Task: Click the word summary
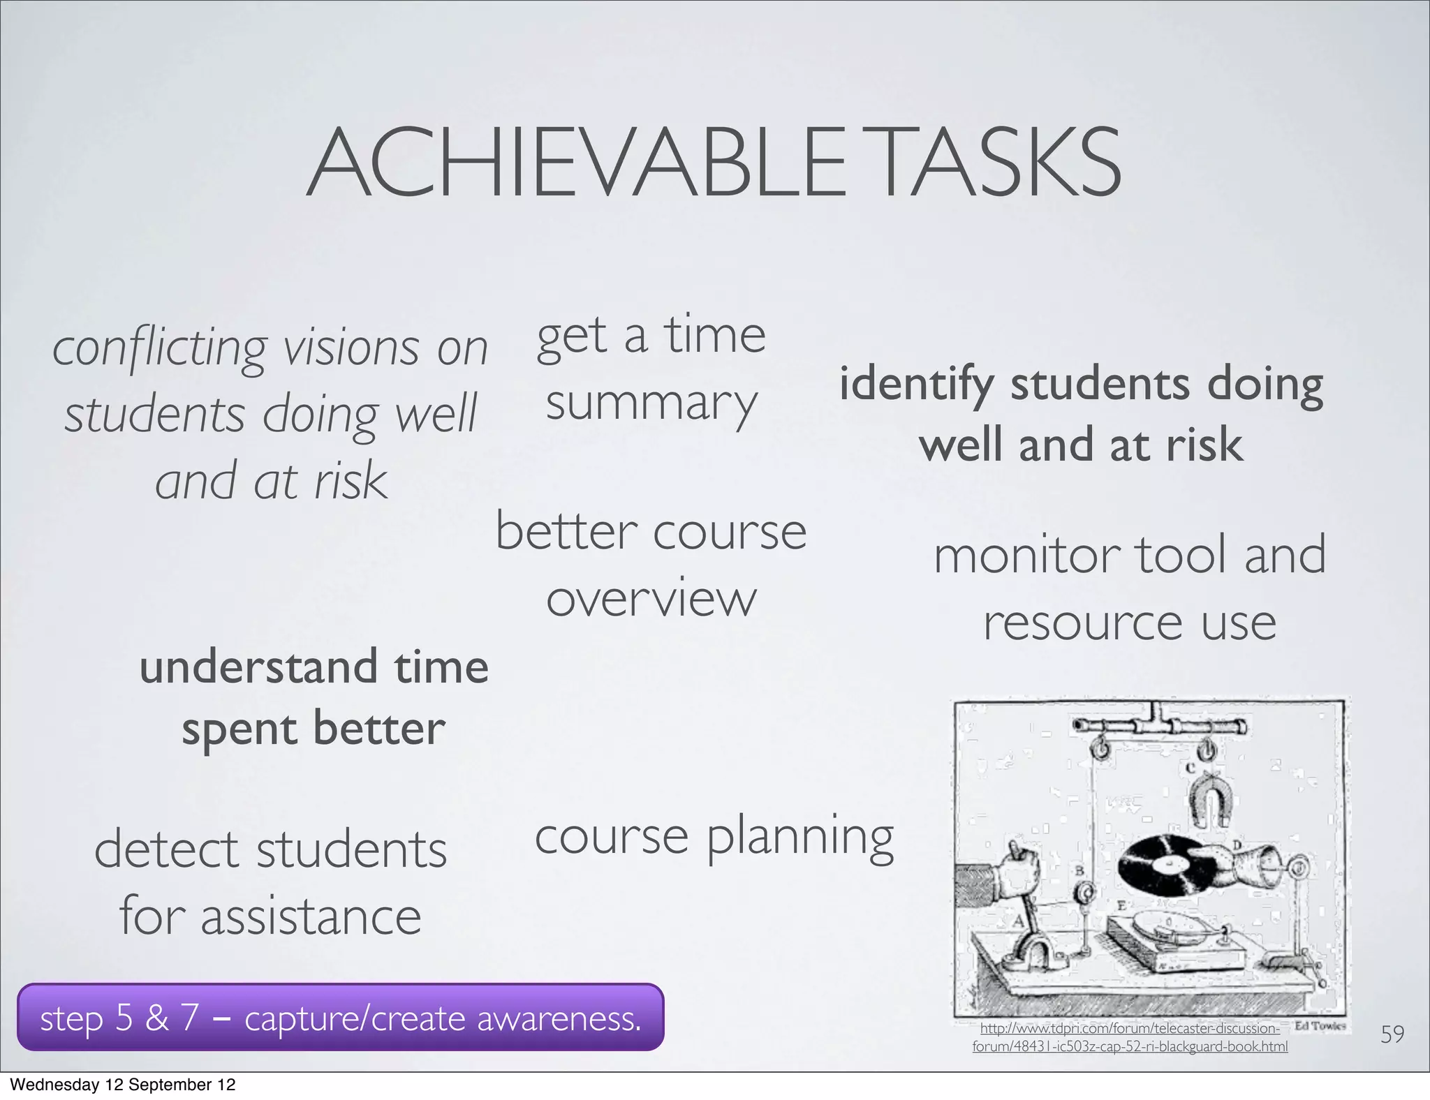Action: pyautogui.click(x=651, y=405)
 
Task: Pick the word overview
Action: pyautogui.click(x=651, y=599)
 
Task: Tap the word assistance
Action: pyautogui.click(x=311, y=917)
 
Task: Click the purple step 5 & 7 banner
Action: pyautogui.click(x=340, y=1018)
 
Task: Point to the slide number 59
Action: pyautogui.click(x=1392, y=1034)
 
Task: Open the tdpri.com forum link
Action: pyautogui.click(x=1130, y=1037)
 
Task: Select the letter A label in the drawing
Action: pyautogui.click(x=1017, y=921)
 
